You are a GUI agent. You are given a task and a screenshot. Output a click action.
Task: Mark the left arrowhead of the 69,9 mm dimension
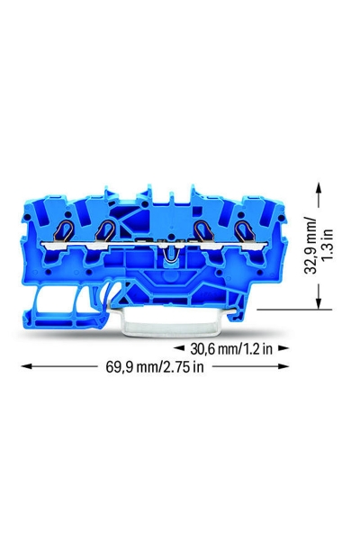(x=25, y=366)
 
